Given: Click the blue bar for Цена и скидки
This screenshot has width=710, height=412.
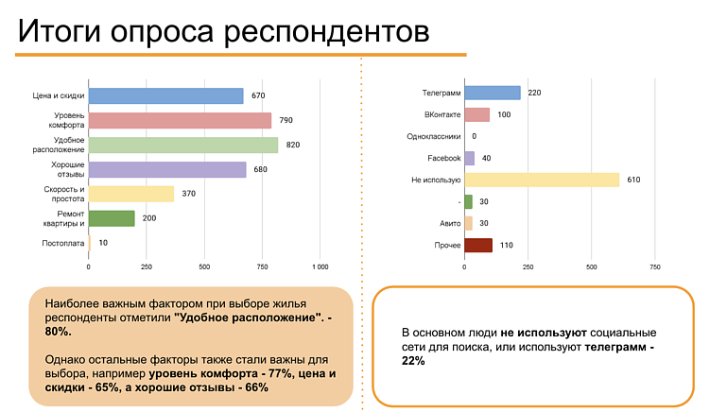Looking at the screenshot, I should [165, 95].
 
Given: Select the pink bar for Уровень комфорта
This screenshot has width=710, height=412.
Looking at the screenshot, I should [180, 120].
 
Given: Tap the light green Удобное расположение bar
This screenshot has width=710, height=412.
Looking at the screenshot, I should [183, 145].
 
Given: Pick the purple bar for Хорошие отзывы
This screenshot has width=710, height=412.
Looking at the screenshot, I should [167, 169].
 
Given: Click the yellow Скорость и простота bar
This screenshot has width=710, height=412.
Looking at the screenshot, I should [131, 194].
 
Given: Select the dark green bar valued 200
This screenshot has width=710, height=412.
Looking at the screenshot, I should [112, 218].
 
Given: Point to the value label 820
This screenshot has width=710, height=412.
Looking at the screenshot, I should [293, 145].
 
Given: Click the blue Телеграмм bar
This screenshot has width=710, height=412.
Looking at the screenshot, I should [493, 93].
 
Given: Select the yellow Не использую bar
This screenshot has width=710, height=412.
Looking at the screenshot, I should [542, 180].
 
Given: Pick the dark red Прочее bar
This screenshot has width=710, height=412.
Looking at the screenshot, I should [478, 246].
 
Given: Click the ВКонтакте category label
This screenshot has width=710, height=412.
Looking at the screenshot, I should [440, 114].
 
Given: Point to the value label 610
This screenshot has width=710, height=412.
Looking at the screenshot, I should [633, 180].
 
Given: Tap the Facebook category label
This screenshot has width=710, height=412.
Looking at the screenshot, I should [443, 158].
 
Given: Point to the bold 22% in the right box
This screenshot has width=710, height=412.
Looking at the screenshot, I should [413, 360].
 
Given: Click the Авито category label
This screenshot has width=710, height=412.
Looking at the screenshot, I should [449, 224].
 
